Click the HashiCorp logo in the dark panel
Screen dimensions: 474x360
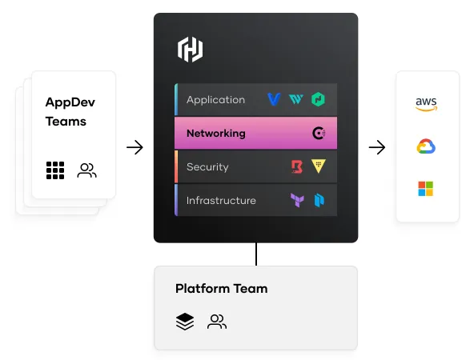pyautogui.click(x=190, y=50)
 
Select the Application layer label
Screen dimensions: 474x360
pyautogui.click(x=215, y=100)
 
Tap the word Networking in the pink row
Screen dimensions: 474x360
pyautogui.click(x=216, y=133)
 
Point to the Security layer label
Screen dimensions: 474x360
pyautogui.click(x=207, y=166)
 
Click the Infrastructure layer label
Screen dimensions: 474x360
pyautogui.click(x=221, y=200)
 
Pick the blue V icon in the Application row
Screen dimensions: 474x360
pyautogui.click(x=274, y=99)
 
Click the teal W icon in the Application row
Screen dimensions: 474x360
pyautogui.click(x=296, y=99)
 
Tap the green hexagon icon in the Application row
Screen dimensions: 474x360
pyautogui.click(x=318, y=99)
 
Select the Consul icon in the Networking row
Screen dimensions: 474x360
pyautogui.click(x=319, y=133)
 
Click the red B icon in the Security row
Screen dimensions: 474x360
pyautogui.click(x=297, y=166)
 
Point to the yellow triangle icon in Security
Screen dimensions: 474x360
pyautogui.click(x=319, y=166)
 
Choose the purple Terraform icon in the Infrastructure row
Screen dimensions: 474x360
pyautogui.click(x=297, y=200)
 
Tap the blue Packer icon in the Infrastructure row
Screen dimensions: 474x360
pyautogui.click(x=319, y=200)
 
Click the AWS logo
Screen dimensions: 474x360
pyautogui.click(x=426, y=104)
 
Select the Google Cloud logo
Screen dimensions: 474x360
pyautogui.click(x=426, y=146)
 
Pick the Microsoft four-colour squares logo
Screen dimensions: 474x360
pyautogui.click(x=426, y=189)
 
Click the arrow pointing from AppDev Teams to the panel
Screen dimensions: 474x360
pyautogui.click(x=135, y=147)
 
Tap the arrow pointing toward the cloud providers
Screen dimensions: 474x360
pyautogui.click(x=377, y=147)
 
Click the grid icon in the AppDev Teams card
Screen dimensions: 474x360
pyautogui.click(x=55, y=170)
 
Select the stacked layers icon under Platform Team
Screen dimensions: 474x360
pyautogui.click(x=185, y=322)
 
